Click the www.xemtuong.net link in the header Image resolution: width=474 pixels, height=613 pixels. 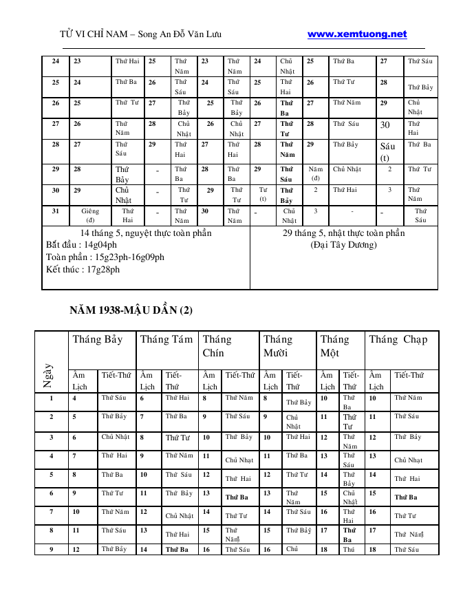coord(357,34)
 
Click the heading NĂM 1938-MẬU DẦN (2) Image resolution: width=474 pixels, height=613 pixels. coord(131,310)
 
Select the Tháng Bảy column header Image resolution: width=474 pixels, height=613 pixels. coord(98,339)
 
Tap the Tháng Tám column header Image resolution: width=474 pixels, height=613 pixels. coord(166,339)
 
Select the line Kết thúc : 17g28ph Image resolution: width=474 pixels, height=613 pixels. coord(83,269)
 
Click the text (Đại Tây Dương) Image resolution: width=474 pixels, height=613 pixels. coord(343,244)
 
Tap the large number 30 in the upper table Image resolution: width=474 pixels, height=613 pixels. coord(385,125)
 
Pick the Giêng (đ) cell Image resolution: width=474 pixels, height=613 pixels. coord(90,215)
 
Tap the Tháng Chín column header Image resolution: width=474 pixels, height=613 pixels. coord(217,345)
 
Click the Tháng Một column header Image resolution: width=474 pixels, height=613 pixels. coord(334,345)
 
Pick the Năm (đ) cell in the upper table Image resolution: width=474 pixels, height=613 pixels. coord(315,173)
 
